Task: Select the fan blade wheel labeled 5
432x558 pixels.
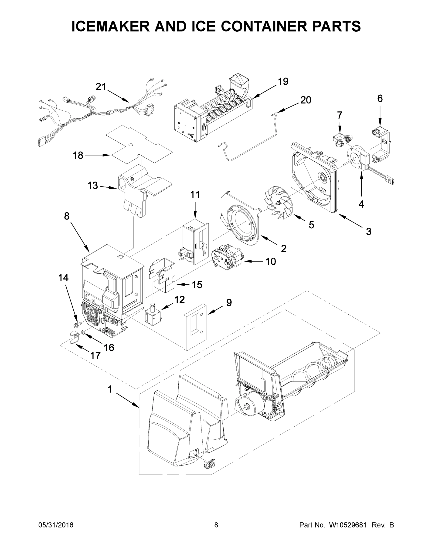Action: coord(282,202)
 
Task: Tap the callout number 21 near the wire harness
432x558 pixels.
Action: coord(101,87)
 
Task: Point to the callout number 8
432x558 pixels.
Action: coord(67,216)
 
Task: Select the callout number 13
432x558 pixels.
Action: coord(93,186)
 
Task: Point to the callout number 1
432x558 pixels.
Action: coord(110,389)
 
